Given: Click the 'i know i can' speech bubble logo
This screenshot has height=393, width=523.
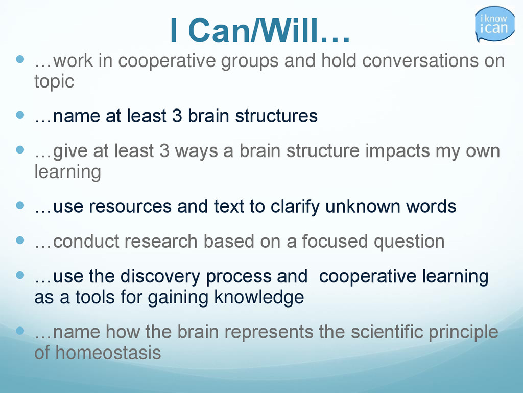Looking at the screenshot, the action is click(x=494, y=24).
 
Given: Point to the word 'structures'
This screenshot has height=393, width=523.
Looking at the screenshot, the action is click(x=276, y=116).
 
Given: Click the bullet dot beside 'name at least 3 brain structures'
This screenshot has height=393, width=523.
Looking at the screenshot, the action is click(x=20, y=115).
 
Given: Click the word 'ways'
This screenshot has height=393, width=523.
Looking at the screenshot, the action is click(x=196, y=151).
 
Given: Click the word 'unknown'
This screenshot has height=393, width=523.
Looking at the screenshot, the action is click(x=363, y=206).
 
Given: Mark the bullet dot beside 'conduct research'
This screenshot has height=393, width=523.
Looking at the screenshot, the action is click(x=20, y=241).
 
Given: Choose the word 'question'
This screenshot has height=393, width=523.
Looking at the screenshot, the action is click(x=409, y=242).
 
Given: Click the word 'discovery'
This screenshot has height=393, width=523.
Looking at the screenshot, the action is click(x=160, y=277).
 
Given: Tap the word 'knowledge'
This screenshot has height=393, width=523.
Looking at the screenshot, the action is click(x=259, y=297).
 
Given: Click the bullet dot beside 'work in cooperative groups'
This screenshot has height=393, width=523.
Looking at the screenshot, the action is click(x=20, y=59).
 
